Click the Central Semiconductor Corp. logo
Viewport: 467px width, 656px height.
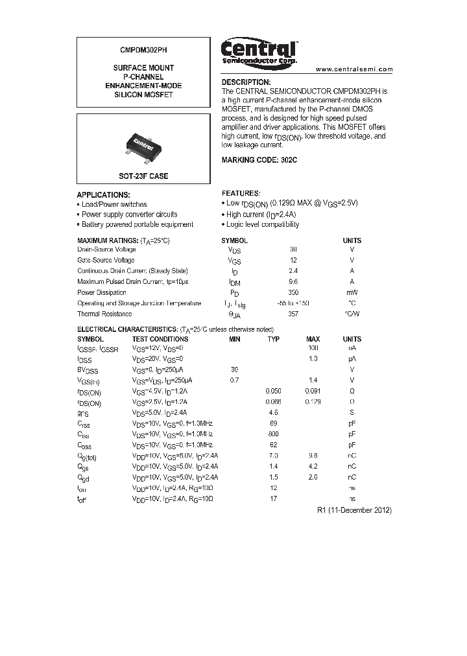click(259, 53)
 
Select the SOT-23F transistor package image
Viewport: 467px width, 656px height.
click(143, 143)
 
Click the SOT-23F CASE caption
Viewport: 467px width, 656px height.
click(143, 176)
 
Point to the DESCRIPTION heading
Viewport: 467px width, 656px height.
click(246, 82)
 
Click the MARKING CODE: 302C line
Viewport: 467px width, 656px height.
click(259, 159)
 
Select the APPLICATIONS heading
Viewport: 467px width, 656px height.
click(103, 194)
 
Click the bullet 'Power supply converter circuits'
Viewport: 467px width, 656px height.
click(129, 215)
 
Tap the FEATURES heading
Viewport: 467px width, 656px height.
click(241, 193)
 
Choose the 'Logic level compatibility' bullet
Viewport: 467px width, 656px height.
click(262, 224)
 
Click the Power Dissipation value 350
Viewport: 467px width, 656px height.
click(293, 292)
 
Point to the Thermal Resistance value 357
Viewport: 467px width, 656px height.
click(293, 314)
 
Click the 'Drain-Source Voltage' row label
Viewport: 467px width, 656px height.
click(106, 250)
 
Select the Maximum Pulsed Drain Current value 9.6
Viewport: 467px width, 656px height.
click(293, 282)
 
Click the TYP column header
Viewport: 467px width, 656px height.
click(274, 339)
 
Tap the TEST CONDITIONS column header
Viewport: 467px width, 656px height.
click(160, 339)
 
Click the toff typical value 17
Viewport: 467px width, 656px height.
click(274, 498)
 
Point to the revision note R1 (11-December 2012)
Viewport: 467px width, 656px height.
click(354, 510)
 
